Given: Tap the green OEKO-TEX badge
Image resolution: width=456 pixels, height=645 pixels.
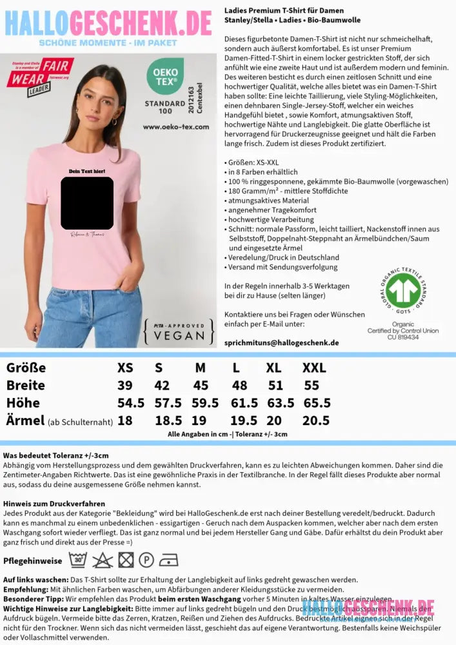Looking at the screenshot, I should [x=166, y=77].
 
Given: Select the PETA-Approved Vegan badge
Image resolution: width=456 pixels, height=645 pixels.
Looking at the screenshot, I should [x=180, y=330].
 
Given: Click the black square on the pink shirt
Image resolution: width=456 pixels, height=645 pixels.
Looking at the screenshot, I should [x=87, y=203].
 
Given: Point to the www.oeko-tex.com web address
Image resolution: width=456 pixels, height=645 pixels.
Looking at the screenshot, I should [x=175, y=126].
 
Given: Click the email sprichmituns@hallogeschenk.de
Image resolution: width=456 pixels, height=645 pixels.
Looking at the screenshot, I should [x=281, y=342].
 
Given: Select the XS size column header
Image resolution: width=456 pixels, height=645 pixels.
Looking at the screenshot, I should [x=125, y=368].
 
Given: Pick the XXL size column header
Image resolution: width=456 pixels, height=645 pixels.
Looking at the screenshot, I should [x=314, y=368].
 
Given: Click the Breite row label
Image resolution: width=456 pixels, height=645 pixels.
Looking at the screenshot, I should [x=25, y=386].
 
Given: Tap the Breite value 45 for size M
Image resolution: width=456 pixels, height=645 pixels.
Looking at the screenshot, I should [x=201, y=386].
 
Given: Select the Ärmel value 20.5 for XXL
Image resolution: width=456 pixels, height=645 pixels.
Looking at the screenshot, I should [x=316, y=421].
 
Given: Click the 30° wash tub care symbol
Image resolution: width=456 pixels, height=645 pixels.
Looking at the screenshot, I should [x=78, y=560].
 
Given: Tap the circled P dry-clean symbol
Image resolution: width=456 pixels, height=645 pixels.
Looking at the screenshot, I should [x=146, y=560].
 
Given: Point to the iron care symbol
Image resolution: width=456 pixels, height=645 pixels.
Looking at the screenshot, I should [x=169, y=560].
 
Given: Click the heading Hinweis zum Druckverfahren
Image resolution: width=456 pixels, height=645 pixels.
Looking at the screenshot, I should [x=54, y=503].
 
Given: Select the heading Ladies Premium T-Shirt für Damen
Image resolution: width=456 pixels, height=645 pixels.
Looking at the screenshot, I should [x=284, y=11].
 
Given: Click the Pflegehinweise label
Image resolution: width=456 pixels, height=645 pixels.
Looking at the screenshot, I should [x=32, y=561].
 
